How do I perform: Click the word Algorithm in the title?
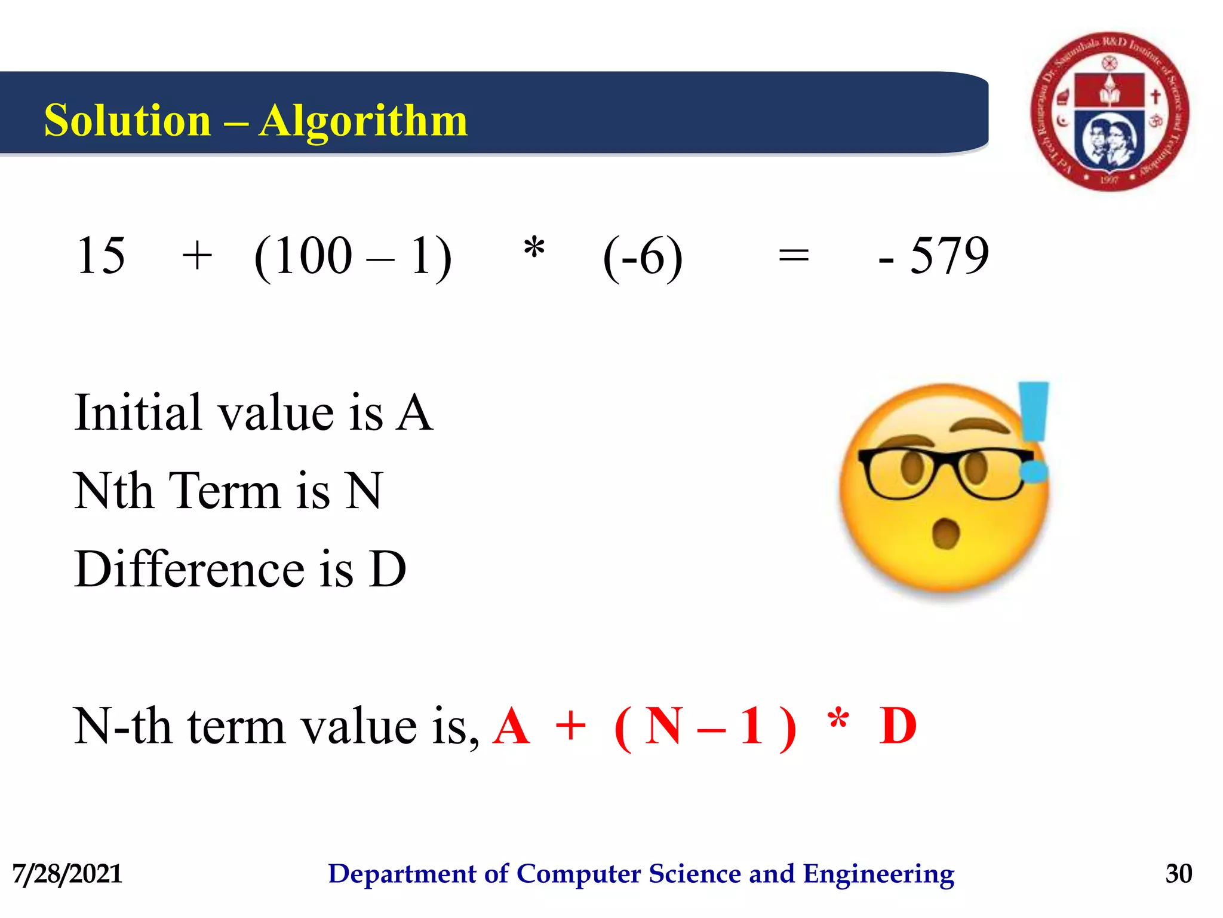point(363,121)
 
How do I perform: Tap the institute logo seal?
point(1110,112)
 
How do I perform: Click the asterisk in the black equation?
point(534,248)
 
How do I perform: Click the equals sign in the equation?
point(794,257)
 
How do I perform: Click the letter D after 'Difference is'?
point(388,569)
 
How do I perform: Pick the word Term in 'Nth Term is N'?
point(225,491)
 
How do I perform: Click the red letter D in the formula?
point(898,726)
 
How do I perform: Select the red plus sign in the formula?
point(570,726)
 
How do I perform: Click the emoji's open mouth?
point(945,533)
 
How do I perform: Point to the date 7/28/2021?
point(67,874)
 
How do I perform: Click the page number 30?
point(1178,874)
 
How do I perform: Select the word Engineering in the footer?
point(878,874)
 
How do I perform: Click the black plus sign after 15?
point(197,257)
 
